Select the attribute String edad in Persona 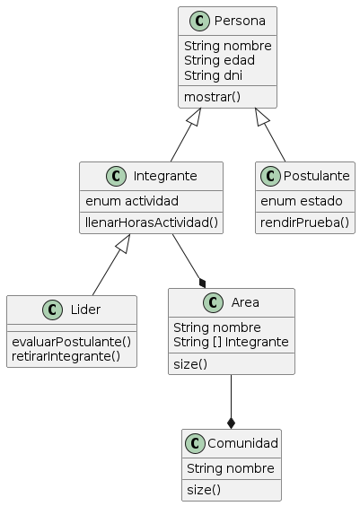[x=219, y=60]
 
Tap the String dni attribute [x=213, y=74]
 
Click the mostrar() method [x=212, y=96]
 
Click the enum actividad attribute [x=131, y=200]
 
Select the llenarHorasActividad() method [x=151, y=222]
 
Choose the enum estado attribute [x=295, y=200]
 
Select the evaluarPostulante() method [x=71, y=340]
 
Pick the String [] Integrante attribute [x=231, y=342]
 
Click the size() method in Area [x=190, y=363]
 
